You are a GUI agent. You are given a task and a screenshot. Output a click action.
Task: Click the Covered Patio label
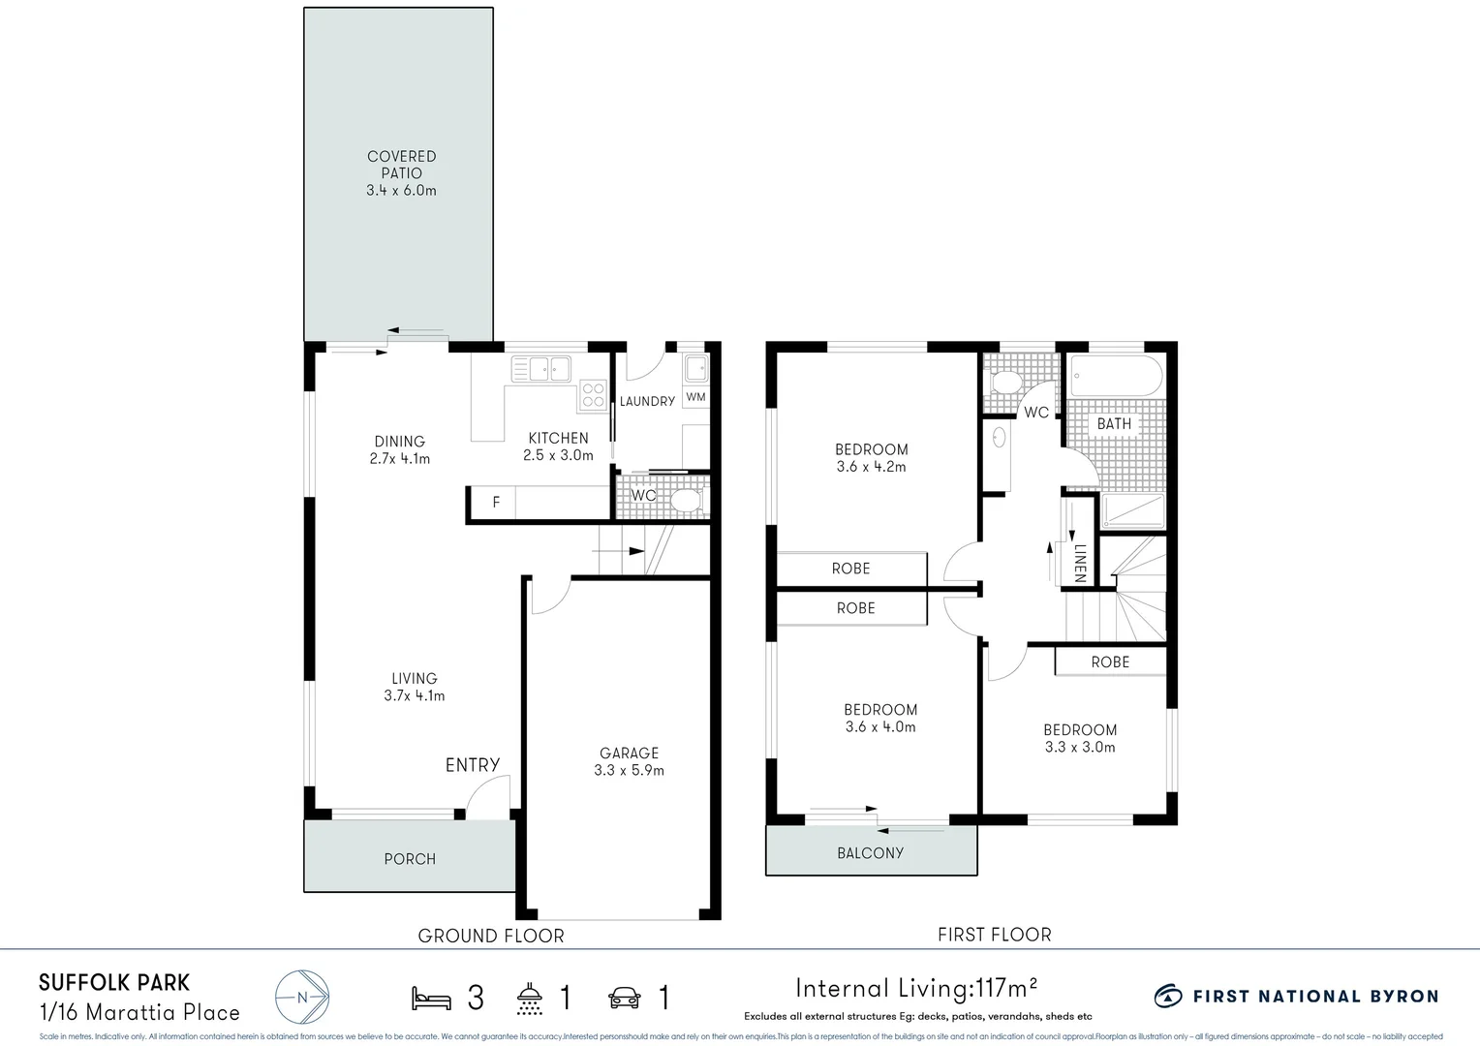(401, 165)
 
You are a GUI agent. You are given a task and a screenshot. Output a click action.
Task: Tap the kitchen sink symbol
(541, 369)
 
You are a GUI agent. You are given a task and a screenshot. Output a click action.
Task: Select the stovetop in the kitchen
(592, 395)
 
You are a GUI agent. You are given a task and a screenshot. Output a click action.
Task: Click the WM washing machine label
(695, 397)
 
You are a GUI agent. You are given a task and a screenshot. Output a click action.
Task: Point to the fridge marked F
(496, 503)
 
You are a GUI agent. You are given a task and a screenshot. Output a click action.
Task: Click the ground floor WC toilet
(686, 501)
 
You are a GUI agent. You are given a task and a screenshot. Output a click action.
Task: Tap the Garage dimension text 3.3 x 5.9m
(629, 771)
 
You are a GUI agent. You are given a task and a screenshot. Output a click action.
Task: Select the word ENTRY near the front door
(473, 765)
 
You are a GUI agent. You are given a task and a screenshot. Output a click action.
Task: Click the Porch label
(410, 859)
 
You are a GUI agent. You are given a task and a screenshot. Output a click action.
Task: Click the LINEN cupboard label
(1080, 563)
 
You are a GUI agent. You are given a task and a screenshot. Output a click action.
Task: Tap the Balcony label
(870, 853)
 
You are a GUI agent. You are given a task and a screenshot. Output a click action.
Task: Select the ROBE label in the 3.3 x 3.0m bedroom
(1110, 662)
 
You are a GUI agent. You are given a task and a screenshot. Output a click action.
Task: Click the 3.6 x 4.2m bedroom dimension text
(871, 467)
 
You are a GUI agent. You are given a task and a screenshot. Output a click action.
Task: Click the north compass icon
(302, 997)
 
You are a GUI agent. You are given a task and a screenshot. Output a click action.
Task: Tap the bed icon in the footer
(431, 998)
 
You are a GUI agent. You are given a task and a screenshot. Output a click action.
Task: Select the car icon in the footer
(625, 998)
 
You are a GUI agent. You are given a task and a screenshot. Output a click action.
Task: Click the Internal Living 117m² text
(916, 989)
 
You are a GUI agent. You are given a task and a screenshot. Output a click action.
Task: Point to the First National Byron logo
(1296, 997)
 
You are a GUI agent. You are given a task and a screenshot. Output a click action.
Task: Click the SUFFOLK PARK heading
(114, 983)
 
